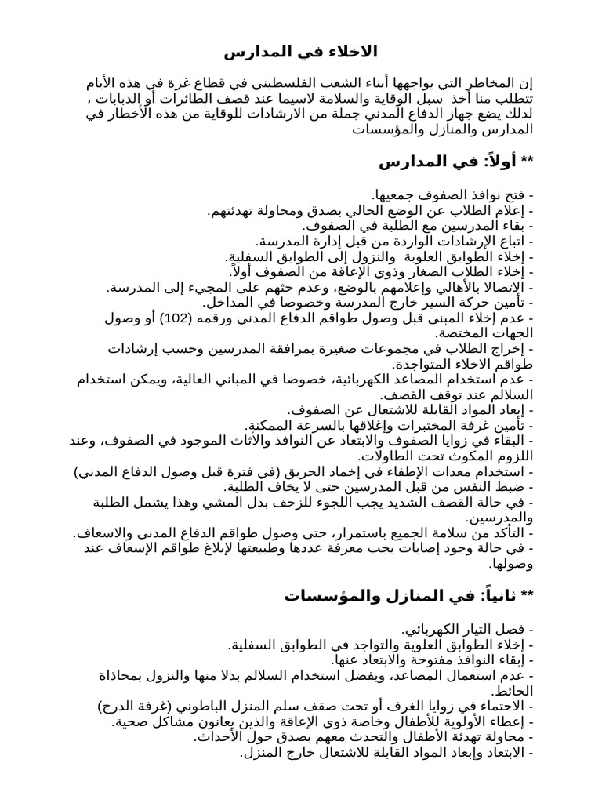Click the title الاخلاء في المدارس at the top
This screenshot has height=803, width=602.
coord(301,53)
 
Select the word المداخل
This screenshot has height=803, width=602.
coord(227,302)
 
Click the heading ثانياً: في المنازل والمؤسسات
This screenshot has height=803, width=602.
coord(408,597)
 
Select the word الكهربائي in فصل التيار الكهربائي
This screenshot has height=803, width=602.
coord(432,630)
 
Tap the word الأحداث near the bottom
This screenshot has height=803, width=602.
coord(216,737)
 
